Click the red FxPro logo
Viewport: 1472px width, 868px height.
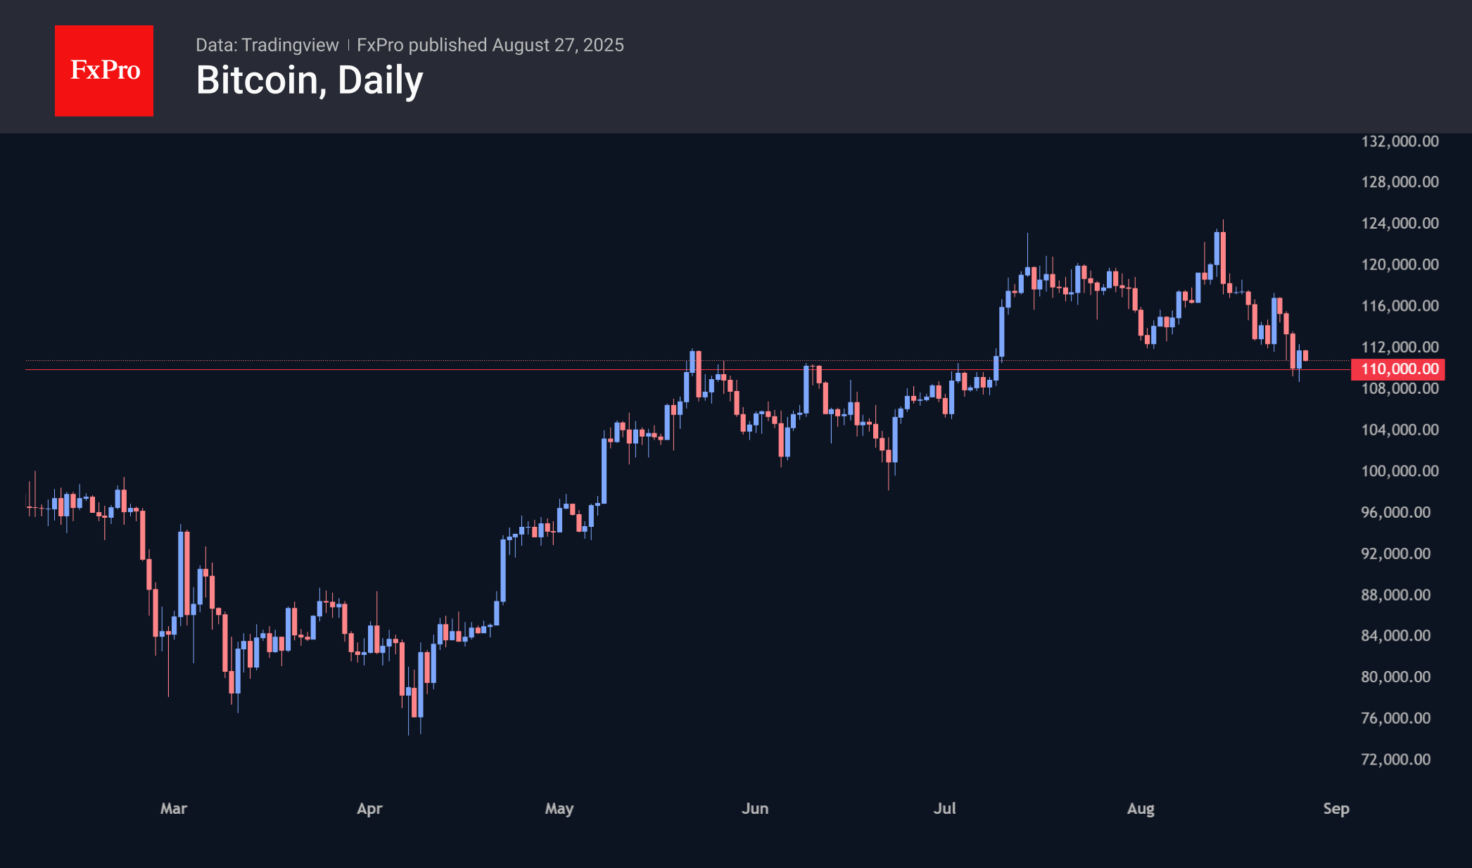(104, 70)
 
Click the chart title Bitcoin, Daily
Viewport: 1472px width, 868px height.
(310, 80)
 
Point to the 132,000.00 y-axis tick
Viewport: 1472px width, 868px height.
(1400, 141)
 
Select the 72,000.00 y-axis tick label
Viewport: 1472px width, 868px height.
(1395, 760)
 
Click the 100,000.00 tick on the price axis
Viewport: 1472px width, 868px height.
(1400, 471)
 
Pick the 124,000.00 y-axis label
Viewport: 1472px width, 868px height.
(1400, 224)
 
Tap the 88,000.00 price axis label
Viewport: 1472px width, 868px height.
(1395, 595)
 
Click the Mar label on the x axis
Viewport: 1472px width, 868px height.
(174, 809)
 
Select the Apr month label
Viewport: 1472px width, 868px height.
(369, 809)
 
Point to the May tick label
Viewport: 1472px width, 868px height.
(559, 809)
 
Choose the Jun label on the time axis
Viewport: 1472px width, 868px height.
(755, 809)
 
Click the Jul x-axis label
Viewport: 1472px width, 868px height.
(944, 809)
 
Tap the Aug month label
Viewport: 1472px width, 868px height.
(1141, 809)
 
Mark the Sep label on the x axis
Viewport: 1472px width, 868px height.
(1336, 809)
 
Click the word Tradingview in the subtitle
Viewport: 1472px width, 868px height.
(290, 45)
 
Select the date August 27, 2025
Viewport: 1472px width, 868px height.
(558, 45)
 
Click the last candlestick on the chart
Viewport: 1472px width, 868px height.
(1305, 355)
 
